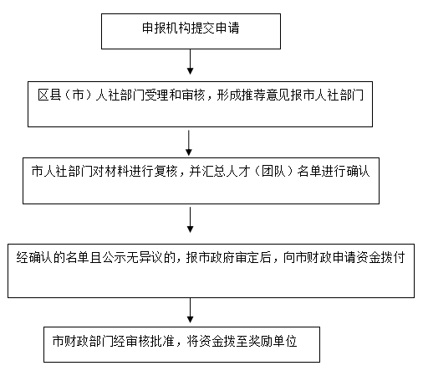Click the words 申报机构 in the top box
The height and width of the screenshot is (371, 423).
(x=166, y=28)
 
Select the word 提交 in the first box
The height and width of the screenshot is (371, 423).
(x=203, y=28)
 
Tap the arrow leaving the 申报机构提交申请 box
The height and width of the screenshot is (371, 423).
(x=190, y=62)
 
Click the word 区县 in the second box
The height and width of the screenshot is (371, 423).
(x=49, y=95)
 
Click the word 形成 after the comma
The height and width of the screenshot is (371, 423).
(x=229, y=95)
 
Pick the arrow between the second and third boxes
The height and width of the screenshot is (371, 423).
(x=189, y=142)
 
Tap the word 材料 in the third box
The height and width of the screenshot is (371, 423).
(x=117, y=171)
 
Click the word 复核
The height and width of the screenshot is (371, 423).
(x=166, y=171)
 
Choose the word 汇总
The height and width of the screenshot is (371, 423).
(x=213, y=171)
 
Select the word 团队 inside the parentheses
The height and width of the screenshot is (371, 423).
(x=273, y=171)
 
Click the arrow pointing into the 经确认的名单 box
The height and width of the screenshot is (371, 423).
(x=190, y=219)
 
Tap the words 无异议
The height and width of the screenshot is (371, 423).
(x=145, y=257)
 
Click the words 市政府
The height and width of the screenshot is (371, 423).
(x=217, y=257)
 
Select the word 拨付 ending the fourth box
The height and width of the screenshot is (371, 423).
(x=393, y=257)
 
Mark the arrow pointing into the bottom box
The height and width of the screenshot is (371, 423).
(x=190, y=311)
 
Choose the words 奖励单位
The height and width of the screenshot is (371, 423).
(x=273, y=341)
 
